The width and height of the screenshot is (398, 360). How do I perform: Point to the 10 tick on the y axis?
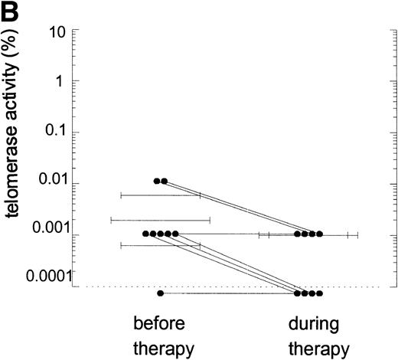(x=60, y=31)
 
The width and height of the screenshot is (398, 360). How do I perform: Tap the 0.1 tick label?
(x=58, y=132)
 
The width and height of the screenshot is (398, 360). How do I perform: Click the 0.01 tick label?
(x=54, y=182)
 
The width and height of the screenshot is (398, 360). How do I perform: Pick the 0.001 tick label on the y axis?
(x=51, y=234)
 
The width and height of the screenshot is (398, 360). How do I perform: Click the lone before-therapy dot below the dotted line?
(x=160, y=293)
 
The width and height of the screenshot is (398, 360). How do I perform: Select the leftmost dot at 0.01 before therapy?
(x=157, y=182)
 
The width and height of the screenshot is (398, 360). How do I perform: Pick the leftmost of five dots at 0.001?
(x=145, y=234)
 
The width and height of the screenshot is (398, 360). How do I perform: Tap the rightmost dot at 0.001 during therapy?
(x=320, y=234)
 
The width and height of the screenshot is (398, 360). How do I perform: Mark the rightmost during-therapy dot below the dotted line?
(x=320, y=293)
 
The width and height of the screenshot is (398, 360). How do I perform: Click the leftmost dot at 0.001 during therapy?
(x=297, y=234)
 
